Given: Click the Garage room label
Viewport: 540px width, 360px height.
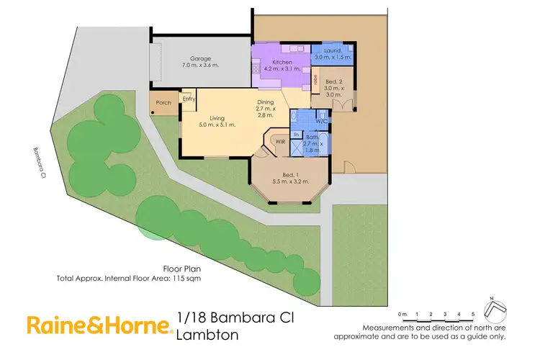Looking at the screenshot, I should [199, 58].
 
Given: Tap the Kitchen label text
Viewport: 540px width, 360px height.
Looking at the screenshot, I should [272, 63].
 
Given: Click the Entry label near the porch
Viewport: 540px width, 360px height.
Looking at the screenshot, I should [189, 99].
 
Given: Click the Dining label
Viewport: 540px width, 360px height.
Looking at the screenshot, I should [266, 102].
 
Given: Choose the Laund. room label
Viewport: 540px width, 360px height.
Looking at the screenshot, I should [331, 50].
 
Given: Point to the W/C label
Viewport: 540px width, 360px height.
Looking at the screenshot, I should [321, 121].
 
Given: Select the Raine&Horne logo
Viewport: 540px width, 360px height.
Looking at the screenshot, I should [100, 325].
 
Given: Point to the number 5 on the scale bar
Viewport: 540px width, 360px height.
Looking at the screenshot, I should [473, 315].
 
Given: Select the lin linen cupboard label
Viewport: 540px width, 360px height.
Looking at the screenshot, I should [295, 134].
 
